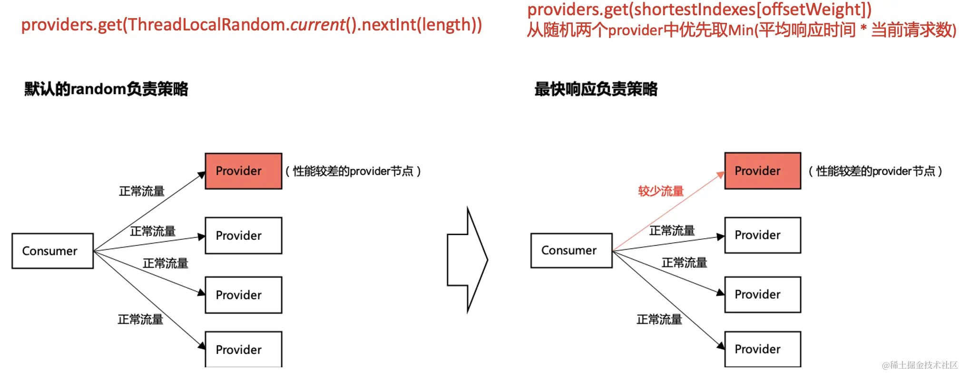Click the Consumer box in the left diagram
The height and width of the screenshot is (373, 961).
pos(52,251)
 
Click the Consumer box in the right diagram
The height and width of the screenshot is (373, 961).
pos(571,250)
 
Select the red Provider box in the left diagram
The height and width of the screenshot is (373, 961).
pos(243,171)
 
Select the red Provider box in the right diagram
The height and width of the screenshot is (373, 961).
pos(762,171)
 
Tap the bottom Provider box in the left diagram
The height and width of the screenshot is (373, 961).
pos(243,349)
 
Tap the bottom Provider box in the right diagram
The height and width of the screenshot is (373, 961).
pos(762,349)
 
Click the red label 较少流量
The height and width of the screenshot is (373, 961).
pos(660,191)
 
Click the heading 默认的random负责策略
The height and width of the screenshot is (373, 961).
pos(106,89)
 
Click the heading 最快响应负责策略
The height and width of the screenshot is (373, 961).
pos(596,89)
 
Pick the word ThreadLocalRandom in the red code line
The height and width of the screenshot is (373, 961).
pos(206,25)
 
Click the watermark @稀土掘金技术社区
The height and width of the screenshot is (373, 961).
pos(919,365)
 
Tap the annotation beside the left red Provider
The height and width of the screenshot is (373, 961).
pos(353,171)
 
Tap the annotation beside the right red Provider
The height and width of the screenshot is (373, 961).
pos(875,171)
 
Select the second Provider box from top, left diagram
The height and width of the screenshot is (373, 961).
pos(243,236)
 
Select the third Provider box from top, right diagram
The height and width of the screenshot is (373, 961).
pos(762,294)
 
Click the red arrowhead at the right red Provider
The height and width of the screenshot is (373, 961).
pos(720,175)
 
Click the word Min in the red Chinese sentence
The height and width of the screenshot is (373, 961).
pos(741,30)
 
